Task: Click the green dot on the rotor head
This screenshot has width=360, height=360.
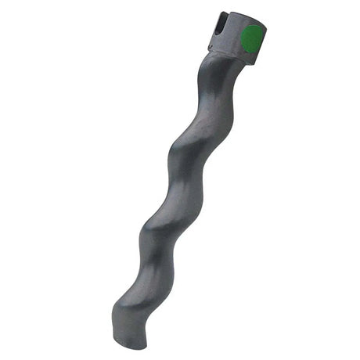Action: (x=252, y=38)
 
